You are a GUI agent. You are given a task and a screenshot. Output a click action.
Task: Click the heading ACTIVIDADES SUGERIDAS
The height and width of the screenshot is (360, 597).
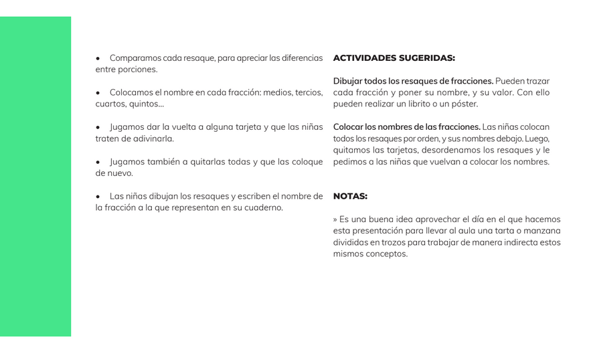coord(394,58)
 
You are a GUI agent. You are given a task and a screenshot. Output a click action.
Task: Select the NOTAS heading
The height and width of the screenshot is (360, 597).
coord(350,197)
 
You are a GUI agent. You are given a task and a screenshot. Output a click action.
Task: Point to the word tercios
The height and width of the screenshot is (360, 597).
coord(309,92)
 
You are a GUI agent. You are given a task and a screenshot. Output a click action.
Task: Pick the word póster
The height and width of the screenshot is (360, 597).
coord(464,104)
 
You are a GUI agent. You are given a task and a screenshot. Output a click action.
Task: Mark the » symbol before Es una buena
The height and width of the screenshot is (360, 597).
coord(335,219)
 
